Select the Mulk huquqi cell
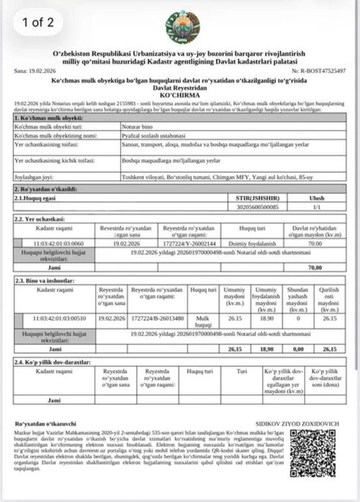(203, 319)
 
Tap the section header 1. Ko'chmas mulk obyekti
(47, 118)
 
